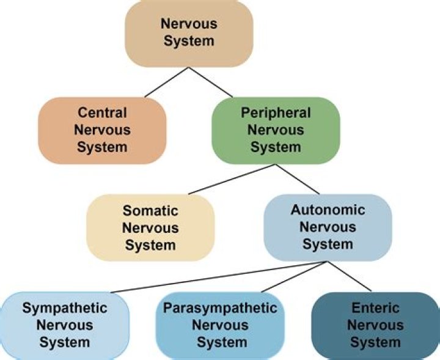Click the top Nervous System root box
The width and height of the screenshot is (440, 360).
[x=188, y=33]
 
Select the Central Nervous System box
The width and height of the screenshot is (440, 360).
[x=103, y=130]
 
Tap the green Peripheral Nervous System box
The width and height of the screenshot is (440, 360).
[x=276, y=130]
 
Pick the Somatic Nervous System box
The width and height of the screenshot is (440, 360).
[x=150, y=228]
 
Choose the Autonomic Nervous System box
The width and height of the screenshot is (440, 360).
[x=328, y=227]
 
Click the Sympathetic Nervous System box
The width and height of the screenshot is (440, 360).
[x=65, y=324]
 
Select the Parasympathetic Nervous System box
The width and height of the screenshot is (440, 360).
[x=220, y=324]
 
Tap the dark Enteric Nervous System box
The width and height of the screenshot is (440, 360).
[x=375, y=324]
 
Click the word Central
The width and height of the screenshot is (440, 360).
[x=103, y=114]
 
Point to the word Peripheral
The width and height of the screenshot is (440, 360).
[x=276, y=114]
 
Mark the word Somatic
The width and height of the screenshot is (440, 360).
[x=150, y=211]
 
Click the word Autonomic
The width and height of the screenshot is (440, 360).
[x=328, y=210]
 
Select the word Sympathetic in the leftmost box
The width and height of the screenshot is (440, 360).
[x=65, y=308]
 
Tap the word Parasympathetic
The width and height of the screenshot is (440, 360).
[x=220, y=308]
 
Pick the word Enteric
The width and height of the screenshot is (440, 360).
[x=375, y=308]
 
